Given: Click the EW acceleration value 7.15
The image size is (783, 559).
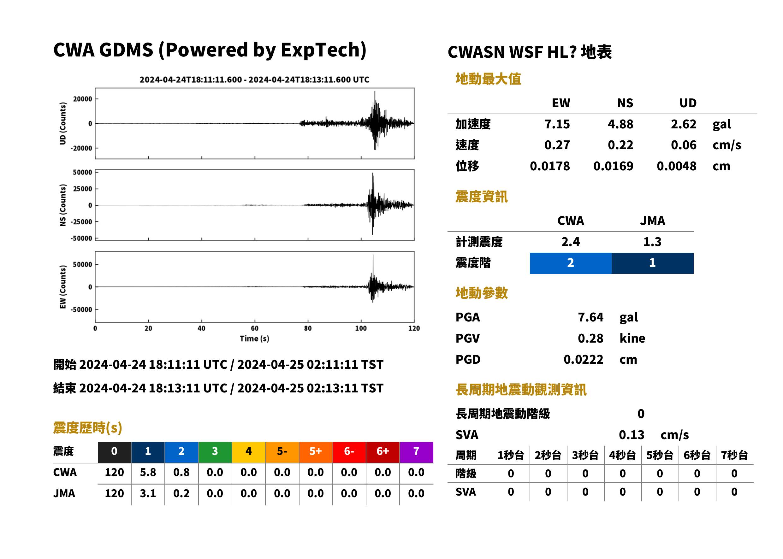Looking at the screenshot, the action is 557,124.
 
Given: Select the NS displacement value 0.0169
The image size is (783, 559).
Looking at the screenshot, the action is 613,166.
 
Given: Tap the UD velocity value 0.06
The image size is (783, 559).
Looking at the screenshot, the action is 683,145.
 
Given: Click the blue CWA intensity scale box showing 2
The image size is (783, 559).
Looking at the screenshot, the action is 571,263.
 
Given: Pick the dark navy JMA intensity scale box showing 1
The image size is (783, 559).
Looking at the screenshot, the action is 653,263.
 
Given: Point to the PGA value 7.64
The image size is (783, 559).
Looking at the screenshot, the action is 590,317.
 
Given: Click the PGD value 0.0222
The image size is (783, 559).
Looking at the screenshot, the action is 583,359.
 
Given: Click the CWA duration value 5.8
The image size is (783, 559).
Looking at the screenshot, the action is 148,472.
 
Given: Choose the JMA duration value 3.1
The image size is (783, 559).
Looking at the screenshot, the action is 148,493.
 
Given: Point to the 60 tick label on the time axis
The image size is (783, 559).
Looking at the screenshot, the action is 254,328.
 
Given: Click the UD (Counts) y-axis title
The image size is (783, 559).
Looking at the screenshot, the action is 63,123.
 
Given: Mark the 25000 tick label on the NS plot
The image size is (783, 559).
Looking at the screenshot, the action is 82,189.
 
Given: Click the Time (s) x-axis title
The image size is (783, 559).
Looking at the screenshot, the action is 254,339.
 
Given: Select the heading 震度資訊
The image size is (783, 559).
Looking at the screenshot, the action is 481,197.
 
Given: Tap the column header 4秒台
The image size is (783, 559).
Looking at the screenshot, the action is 622,456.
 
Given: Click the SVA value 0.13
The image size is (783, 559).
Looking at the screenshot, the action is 632,435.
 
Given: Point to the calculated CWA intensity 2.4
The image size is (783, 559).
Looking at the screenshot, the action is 571,242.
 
